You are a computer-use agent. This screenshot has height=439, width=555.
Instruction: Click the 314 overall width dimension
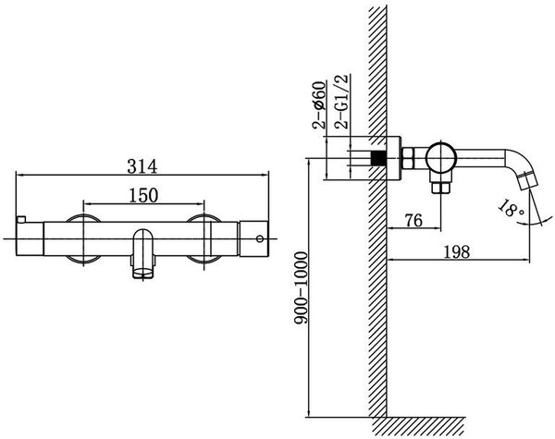(x=142, y=166)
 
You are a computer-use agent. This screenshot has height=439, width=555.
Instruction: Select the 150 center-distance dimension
(x=143, y=195)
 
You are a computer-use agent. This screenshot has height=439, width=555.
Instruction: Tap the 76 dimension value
(x=413, y=220)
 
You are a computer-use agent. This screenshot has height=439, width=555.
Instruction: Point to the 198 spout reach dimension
(x=457, y=252)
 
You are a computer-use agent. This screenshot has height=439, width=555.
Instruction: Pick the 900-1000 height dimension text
(x=302, y=288)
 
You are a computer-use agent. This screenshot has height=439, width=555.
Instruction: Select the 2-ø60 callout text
(x=318, y=104)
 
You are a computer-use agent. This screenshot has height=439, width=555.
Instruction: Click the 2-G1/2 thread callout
(x=342, y=102)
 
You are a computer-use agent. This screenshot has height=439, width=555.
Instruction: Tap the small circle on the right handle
(x=260, y=238)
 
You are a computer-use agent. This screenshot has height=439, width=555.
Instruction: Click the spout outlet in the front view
(x=143, y=273)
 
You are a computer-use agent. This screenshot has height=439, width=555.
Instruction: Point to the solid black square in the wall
(x=378, y=158)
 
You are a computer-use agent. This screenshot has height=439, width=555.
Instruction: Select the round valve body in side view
(x=441, y=158)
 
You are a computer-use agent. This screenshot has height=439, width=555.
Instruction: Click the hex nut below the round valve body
(x=441, y=188)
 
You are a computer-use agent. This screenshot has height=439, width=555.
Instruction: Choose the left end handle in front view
(x=30, y=238)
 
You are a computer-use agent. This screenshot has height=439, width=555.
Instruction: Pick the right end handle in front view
(x=253, y=238)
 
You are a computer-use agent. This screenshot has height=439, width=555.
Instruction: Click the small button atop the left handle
(x=21, y=219)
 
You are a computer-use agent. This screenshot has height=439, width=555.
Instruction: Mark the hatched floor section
(x=418, y=426)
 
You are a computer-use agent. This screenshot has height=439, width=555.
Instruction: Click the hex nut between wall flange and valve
(x=408, y=158)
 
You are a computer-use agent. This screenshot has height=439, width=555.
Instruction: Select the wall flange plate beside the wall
(x=394, y=158)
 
